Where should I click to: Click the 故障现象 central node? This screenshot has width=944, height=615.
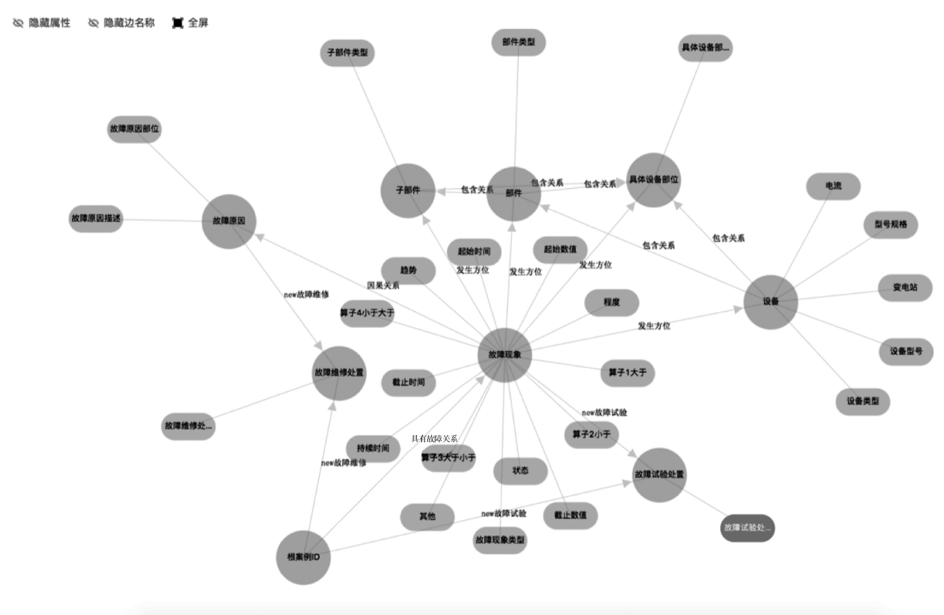(505, 355)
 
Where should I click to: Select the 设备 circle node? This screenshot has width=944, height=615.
(770, 302)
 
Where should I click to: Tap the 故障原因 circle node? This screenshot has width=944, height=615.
(229, 221)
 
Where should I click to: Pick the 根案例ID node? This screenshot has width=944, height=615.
(303, 557)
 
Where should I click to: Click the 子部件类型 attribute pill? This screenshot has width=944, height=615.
(347, 53)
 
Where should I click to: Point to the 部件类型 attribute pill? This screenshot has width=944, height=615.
(519, 42)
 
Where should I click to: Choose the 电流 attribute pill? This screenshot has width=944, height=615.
(833, 186)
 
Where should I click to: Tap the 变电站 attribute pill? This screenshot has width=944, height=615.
(905, 288)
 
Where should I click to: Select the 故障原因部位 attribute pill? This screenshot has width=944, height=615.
(134, 129)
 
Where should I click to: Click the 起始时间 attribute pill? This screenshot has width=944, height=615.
(474, 252)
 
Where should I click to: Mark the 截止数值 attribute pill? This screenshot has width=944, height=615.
(570, 515)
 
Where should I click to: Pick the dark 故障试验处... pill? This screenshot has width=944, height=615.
(747, 528)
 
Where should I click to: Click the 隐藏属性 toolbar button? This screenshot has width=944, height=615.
(42, 23)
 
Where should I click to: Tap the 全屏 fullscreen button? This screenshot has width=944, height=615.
(191, 23)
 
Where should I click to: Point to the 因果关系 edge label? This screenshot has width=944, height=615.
(383, 286)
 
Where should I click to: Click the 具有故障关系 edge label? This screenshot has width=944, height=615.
(434, 438)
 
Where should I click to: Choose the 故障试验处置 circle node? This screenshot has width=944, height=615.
(659, 475)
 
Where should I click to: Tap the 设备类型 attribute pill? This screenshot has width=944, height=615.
(863, 402)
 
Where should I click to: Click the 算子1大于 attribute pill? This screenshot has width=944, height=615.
(628, 373)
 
